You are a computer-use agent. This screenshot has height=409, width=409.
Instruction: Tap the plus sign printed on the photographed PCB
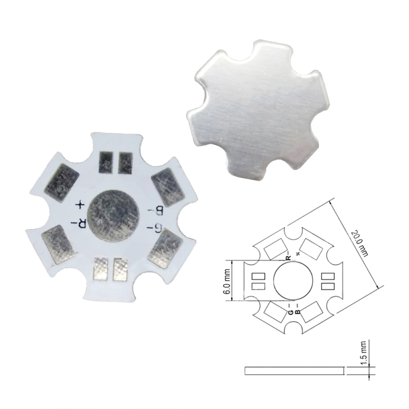click(x=80, y=205)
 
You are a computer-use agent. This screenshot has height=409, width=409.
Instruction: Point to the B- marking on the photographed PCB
click(x=152, y=210)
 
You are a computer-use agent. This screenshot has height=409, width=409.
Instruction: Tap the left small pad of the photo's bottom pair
click(x=101, y=269)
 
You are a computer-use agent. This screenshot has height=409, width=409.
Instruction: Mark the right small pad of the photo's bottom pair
click(x=120, y=269)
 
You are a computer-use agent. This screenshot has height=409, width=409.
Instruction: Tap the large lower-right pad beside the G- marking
click(x=162, y=249)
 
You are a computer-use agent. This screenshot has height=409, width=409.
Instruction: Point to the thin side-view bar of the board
click(x=293, y=370)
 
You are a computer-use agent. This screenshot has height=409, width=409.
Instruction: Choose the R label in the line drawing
click(x=288, y=257)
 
